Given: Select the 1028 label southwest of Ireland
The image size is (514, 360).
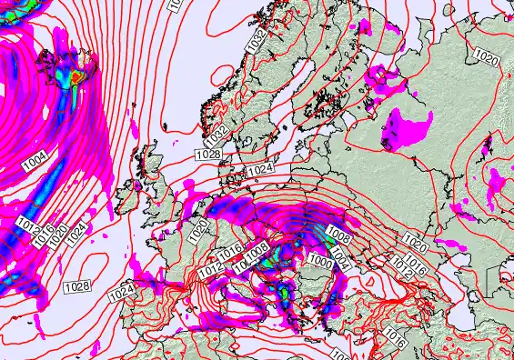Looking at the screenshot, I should (x=77, y=285).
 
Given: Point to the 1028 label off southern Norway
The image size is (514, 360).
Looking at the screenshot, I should (x=207, y=155).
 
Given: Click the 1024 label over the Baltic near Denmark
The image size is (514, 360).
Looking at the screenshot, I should (x=260, y=169).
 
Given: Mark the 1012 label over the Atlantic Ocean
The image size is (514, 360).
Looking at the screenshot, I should (x=26, y=221).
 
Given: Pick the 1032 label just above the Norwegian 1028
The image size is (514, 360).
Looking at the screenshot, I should (x=216, y=135).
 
